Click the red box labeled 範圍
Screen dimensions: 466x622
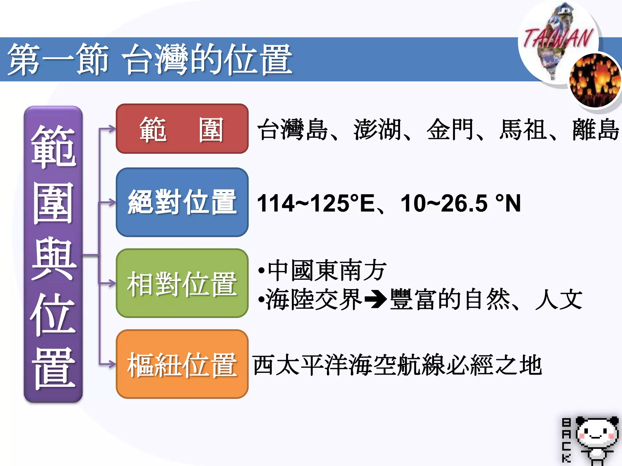(182, 129)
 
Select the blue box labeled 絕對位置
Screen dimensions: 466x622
(182, 202)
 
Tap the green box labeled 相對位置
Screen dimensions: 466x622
(182, 283)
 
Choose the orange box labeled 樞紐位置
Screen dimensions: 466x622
(182, 364)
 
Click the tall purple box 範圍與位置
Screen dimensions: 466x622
(53, 254)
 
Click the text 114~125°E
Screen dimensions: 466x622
(316, 203)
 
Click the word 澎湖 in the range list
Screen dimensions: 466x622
(378, 130)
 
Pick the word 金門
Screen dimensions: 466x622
(450, 130)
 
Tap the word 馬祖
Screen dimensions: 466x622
(523, 130)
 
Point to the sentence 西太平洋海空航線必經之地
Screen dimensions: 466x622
(397, 365)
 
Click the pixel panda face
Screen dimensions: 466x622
(597, 432)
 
